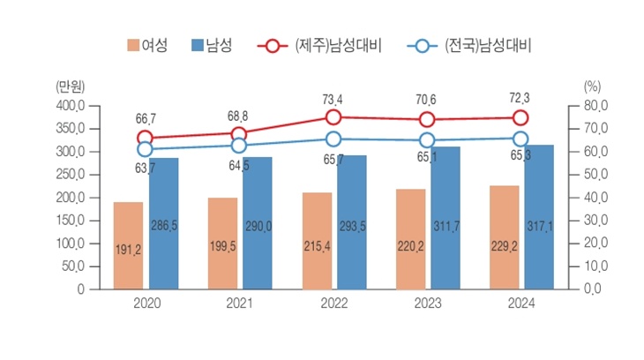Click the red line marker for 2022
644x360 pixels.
[x=333, y=117]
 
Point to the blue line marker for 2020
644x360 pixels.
[x=145, y=149]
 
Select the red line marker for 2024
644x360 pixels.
[x=520, y=118]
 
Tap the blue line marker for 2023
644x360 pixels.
[x=427, y=140]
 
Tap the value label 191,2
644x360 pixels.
[x=128, y=250]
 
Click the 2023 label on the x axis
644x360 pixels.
[x=427, y=303]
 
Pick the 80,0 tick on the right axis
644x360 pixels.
[x=596, y=106]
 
